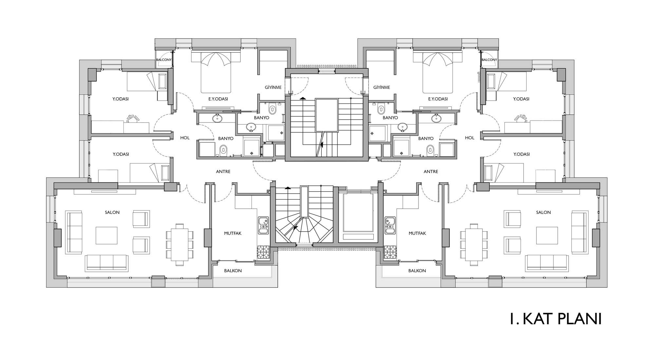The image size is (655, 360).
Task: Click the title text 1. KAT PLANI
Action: pos(555,319)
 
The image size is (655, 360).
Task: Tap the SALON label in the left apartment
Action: pos(112,212)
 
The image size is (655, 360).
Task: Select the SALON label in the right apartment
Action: pos(543,212)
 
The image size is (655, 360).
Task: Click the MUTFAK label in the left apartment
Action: pos(233,233)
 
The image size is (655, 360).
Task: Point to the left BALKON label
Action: pos(233,271)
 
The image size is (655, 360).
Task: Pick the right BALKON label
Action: pos(417,271)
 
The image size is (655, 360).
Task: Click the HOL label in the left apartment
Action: pos(185,138)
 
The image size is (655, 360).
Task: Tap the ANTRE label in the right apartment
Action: pos(431,172)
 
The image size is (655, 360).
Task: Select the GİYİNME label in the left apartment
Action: pos(273,87)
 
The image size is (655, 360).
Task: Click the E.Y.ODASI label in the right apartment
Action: pos(438,99)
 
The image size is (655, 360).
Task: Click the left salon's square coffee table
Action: pos(106,236)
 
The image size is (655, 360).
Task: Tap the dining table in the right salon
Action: pos(474,244)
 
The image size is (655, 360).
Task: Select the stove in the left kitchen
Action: pos(263,253)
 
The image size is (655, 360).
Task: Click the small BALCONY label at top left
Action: pos(164,60)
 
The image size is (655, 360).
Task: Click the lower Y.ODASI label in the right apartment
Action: pos(521,154)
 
